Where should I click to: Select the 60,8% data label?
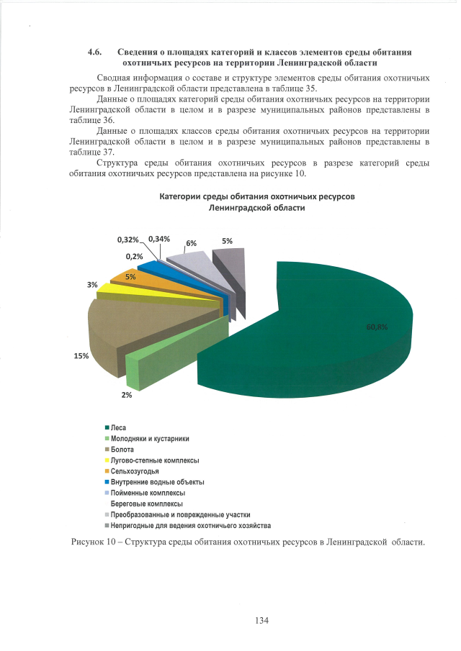tap(377, 327)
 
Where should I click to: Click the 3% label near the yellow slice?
tap(92, 285)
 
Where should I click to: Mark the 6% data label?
tap(192, 243)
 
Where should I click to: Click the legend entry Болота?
tap(123, 449)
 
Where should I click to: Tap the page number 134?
tap(261, 622)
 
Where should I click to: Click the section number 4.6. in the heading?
tap(94, 53)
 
